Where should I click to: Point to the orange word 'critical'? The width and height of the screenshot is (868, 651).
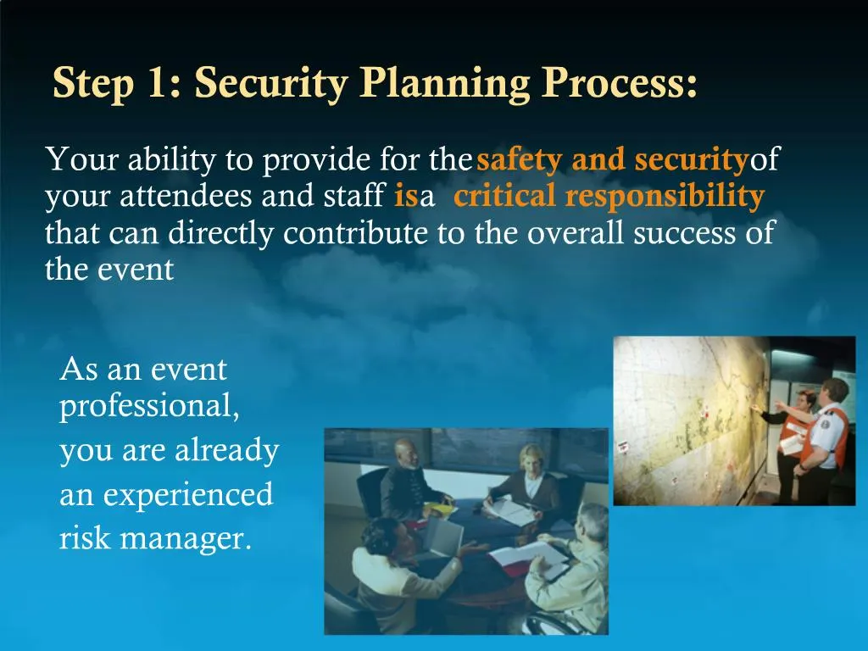505,197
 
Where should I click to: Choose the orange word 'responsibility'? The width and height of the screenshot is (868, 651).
665,197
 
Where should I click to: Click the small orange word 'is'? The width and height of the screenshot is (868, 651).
405,198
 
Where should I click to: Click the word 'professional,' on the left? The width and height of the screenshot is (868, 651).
149,407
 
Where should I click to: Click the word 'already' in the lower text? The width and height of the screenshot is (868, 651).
226,451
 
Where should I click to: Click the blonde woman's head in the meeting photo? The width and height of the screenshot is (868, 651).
531,459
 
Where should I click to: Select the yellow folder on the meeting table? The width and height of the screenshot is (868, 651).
440,508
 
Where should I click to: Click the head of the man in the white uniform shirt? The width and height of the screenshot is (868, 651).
834,391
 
